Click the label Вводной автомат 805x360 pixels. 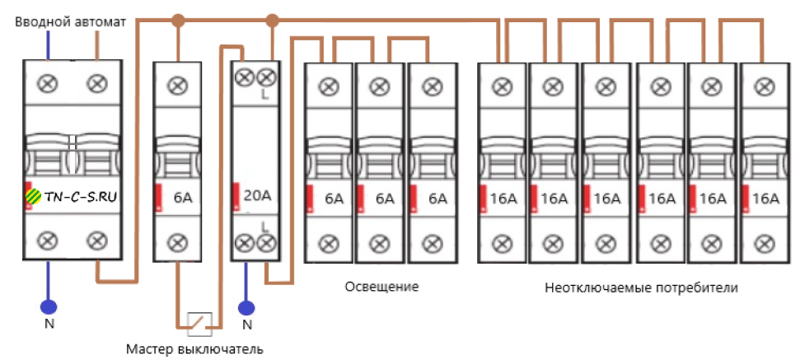[x=71, y=22]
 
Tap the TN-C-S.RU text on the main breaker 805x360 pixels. [x=81, y=198]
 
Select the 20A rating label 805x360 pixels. [x=257, y=196]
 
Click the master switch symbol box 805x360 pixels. [x=199, y=323]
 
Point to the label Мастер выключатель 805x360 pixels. [x=194, y=349]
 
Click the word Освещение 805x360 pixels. [x=381, y=287]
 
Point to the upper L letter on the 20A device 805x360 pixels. [x=265, y=96]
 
